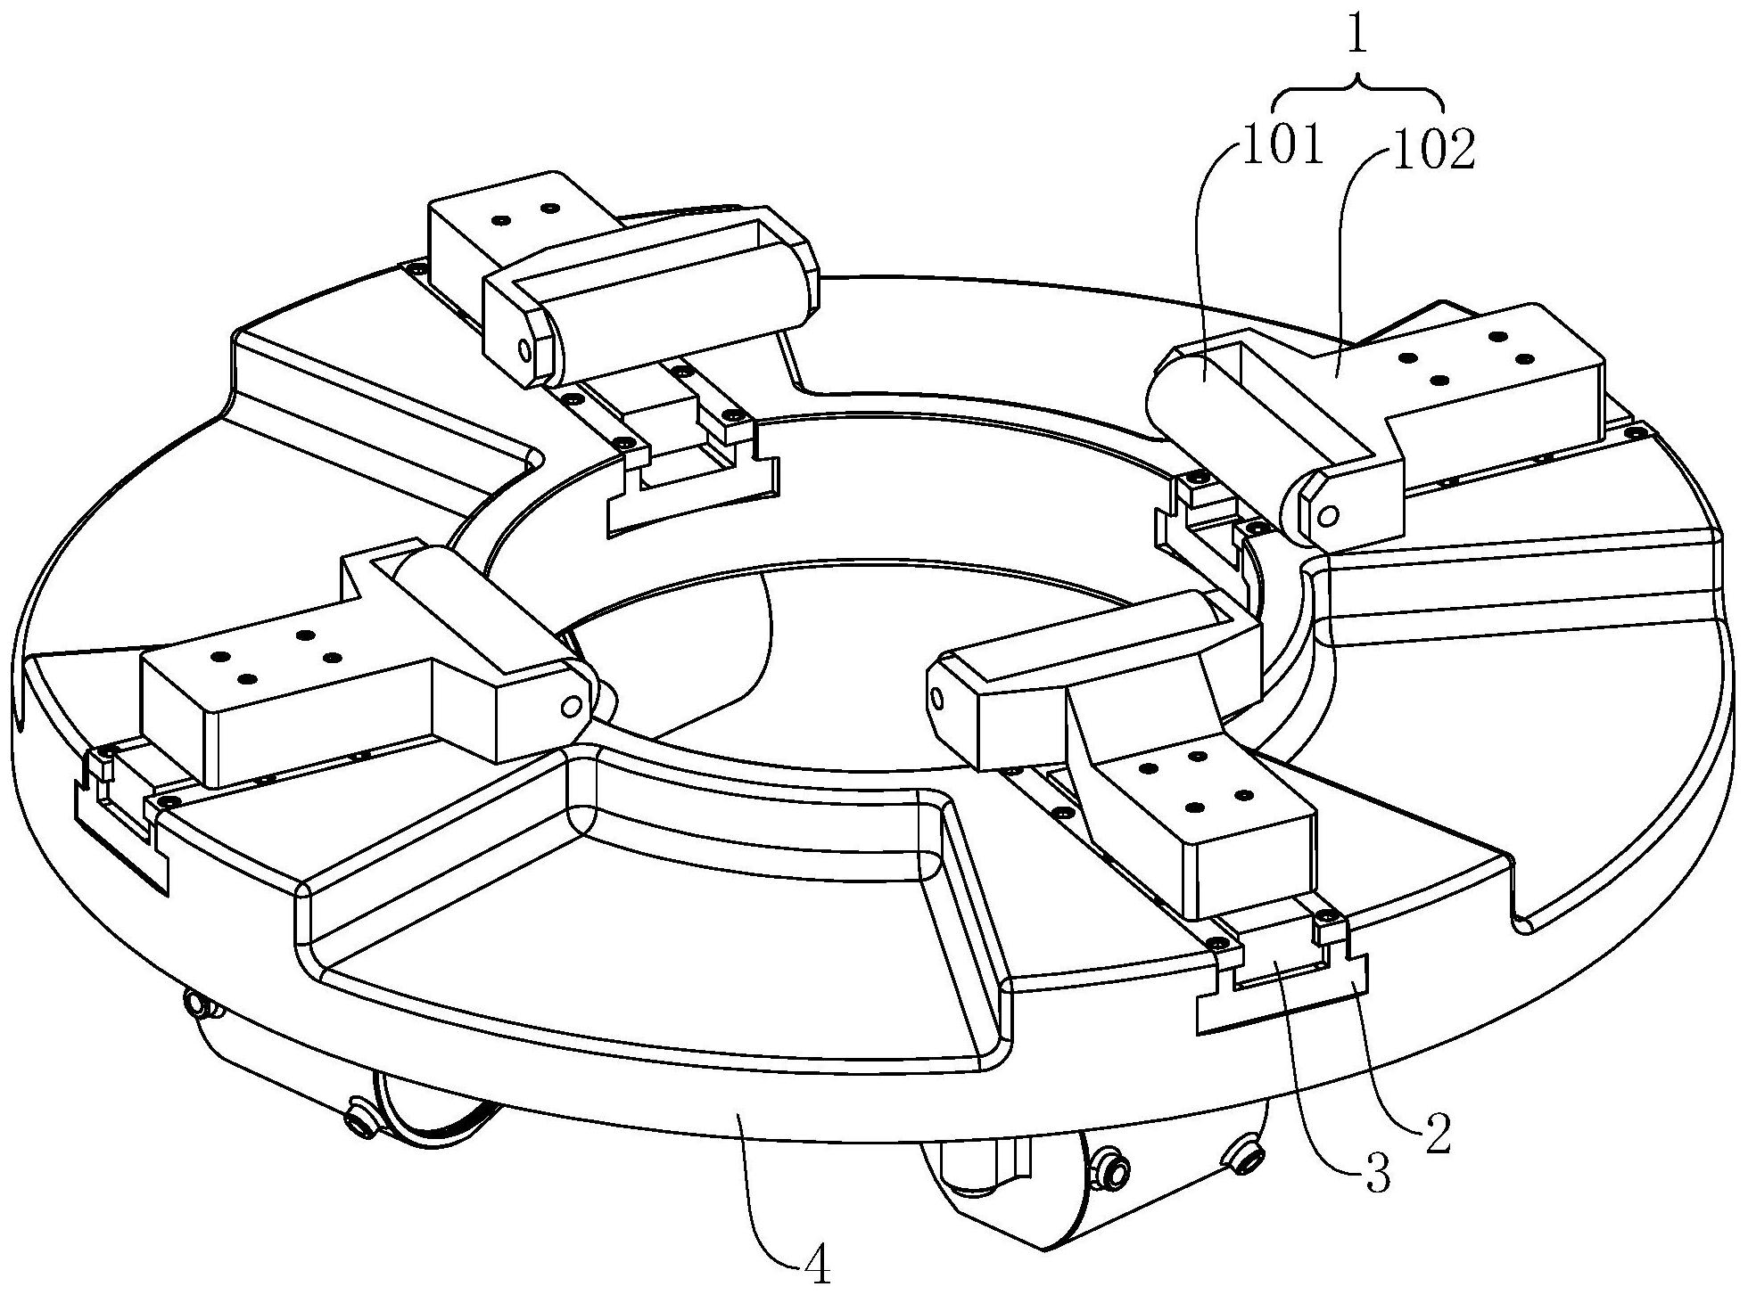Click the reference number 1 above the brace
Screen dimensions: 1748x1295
pos(1357,37)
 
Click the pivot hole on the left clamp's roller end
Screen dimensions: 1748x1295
pos(567,707)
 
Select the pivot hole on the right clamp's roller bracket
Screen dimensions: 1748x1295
pos(1328,515)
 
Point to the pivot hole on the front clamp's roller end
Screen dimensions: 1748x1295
pos(936,696)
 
